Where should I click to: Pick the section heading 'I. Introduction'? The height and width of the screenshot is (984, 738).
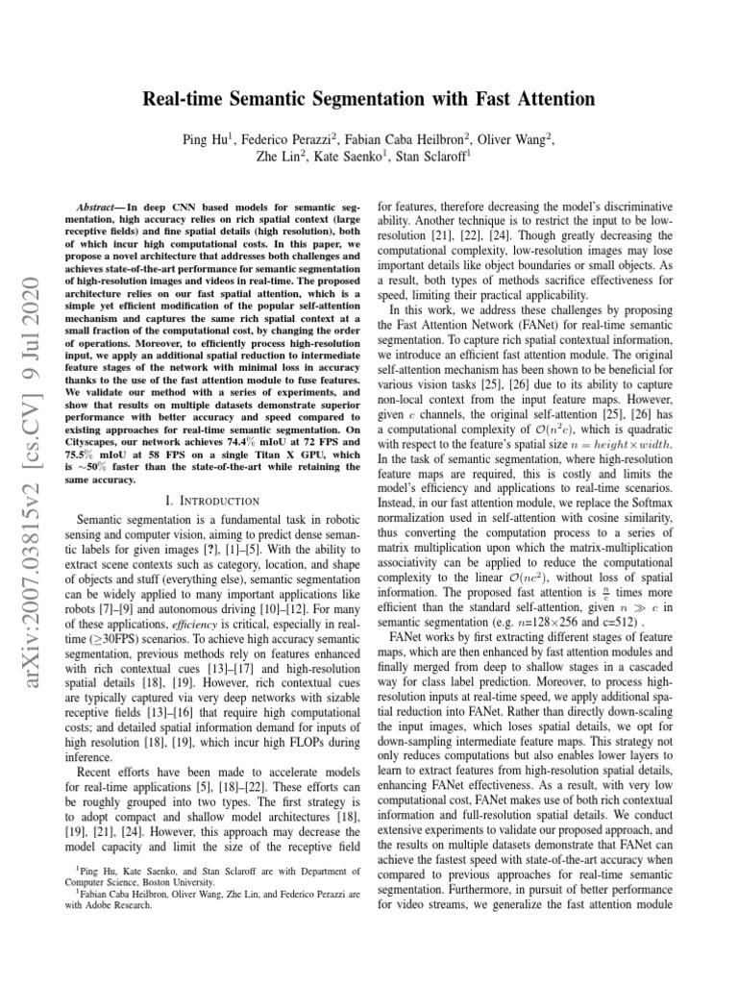tap(211, 501)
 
